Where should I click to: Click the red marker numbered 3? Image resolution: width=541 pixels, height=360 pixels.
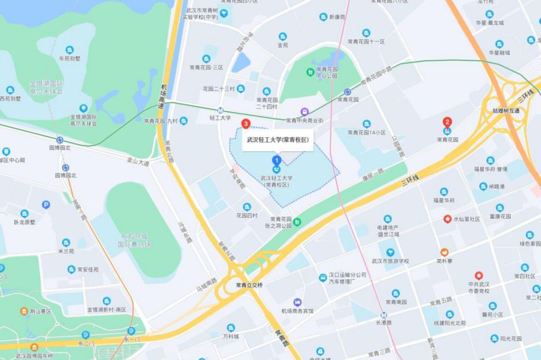pyautogui.click(x=245, y=124)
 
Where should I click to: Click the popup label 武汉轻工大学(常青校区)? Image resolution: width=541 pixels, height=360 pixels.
pyautogui.click(x=277, y=140)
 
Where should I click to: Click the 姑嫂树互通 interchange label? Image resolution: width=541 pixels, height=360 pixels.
pyautogui.click(x=506, y=110)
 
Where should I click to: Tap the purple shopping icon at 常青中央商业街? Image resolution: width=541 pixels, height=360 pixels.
pyautogui.click(x=304, y=111)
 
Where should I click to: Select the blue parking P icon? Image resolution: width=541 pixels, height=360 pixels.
pyautogui.click(x=46, y=205)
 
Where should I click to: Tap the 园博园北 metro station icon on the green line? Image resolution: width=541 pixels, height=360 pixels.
pyautogui.click(x=60, y=140)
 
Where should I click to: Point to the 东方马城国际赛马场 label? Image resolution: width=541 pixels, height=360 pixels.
pyautogui.click(x=134, y=241)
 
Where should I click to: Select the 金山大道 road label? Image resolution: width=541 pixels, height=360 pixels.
pyautogui.click(x=138, y=161)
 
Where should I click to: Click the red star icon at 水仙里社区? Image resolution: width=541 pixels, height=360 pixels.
pyautogui.click(x=447, y=219)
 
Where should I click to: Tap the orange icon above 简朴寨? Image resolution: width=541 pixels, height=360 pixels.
pyautogui.click(x=445, y=252)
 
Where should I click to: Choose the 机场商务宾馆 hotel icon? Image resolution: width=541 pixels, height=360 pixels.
pyautogui.click(x=297, y=302)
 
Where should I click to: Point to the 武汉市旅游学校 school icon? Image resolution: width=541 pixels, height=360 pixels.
pyautogui.click(x=390, y=252)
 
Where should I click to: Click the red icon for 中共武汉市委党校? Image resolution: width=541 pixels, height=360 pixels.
pyautogui.click(x=479, y=276)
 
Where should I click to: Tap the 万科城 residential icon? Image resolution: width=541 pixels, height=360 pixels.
pyautogui.click(x=230, y=327)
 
